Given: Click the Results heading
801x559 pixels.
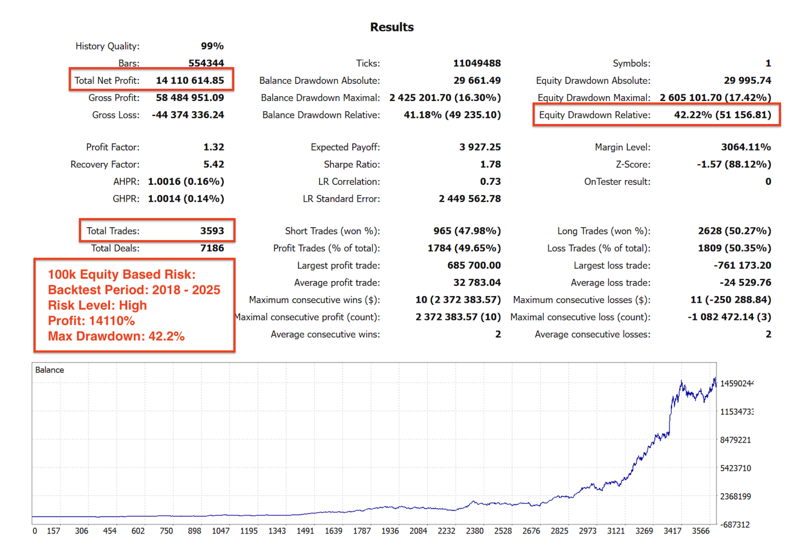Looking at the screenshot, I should (392, 27).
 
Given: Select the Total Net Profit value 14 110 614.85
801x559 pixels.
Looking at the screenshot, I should (190, 80).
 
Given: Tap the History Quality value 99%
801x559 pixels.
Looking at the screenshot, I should (212, 46).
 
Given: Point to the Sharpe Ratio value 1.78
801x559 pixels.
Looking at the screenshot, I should (490, 164).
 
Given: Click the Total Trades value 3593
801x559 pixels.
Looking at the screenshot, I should (212, 231).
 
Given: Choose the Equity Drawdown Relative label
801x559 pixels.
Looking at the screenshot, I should (594, 115).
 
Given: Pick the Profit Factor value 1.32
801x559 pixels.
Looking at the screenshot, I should (213, 147).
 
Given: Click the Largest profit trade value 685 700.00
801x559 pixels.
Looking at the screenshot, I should (474, 265).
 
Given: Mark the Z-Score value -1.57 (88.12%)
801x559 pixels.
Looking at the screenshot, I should (734, 164).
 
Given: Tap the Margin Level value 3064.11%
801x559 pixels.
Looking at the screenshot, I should (746, 147).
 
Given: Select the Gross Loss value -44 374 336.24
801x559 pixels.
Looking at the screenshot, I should (188, 115).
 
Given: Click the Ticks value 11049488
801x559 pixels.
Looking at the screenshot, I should (477, 63).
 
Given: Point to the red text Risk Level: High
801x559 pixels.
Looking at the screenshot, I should (97, 305).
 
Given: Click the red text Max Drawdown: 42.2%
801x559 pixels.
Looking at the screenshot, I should (116, 336).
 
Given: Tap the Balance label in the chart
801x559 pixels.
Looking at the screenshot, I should (50, 370).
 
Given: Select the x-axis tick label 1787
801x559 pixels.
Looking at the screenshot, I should (362, 531).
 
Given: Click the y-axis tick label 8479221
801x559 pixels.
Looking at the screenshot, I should (735, 440).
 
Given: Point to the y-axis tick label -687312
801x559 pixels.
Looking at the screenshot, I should (735, 525).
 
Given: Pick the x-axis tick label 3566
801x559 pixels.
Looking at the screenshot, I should (701, 531).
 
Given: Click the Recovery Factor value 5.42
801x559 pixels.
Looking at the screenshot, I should (213, 164).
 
